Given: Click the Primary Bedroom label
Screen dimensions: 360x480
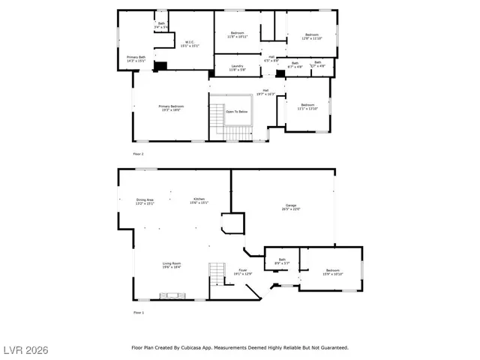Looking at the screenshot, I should pos(171,108).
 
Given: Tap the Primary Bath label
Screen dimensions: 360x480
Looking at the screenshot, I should pos(136,58).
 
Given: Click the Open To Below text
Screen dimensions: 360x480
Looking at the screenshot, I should pos(236,112).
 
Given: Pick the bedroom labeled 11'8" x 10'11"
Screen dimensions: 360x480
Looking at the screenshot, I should pos(237,34).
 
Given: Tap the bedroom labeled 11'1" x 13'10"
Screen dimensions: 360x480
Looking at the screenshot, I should pos(307,106).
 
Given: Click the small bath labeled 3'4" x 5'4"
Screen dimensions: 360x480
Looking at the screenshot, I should pos(161,25).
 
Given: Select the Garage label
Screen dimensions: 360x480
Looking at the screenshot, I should pos(292,208).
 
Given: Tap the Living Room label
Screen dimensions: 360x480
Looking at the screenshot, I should pos(172,265).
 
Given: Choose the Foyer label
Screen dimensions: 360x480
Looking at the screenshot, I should pos(243,271).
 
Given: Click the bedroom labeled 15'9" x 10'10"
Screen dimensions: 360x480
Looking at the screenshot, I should pos(332,271).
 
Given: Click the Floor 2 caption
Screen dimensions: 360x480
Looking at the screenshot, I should pos(138,154).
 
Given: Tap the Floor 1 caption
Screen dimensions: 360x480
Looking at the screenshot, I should pos(138,312).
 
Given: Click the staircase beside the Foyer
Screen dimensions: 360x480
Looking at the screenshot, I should pos(217,274).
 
